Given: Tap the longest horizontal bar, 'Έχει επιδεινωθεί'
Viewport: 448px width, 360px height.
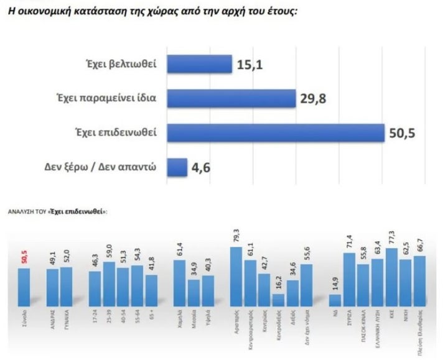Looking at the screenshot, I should pos(276,133).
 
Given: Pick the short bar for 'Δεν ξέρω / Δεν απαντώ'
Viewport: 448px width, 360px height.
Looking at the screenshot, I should pos(177,168).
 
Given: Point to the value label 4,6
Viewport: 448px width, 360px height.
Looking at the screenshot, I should pos(200,168).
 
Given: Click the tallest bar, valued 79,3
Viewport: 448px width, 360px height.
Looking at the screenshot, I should pos(236,276).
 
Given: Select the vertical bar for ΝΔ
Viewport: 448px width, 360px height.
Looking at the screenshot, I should pos(335,300).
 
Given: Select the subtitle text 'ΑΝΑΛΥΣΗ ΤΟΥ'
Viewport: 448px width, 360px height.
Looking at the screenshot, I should pos(24,211).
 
